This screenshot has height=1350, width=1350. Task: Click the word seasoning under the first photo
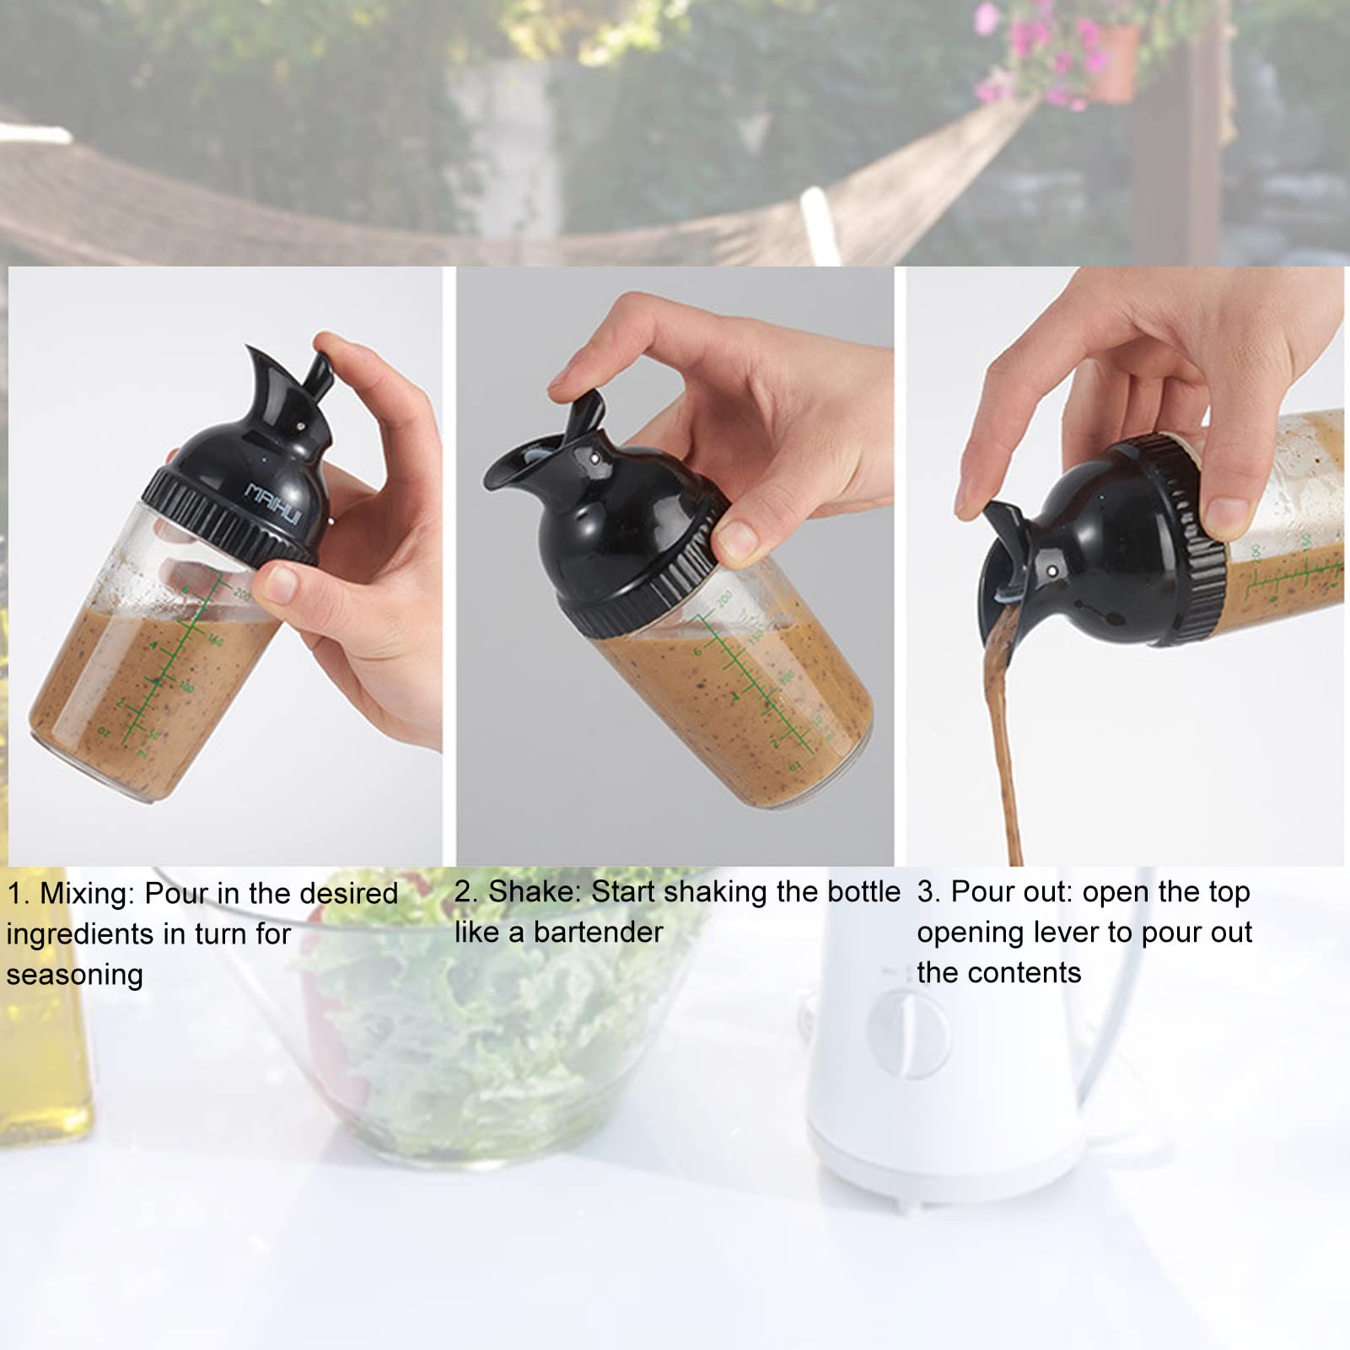tap(75, 975)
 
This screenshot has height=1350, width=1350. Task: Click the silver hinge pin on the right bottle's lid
tap(1053, 572)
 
